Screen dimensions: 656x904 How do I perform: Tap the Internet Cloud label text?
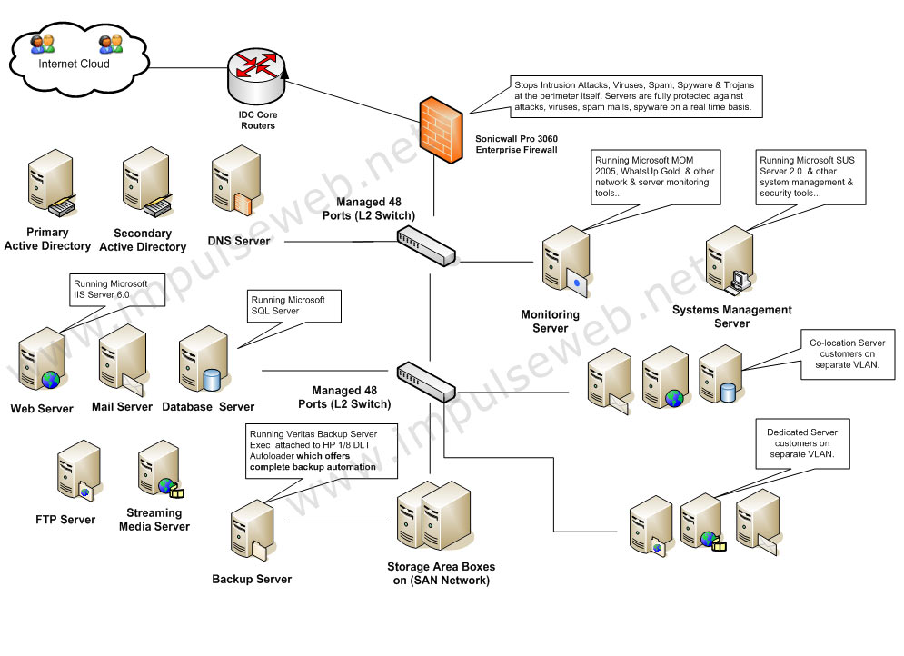tap(74, 65)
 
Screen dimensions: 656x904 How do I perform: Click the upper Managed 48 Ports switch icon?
tap(426, 245)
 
